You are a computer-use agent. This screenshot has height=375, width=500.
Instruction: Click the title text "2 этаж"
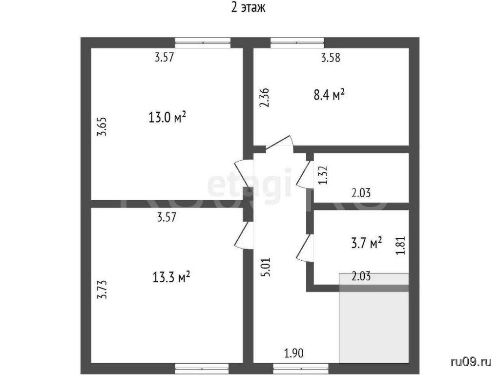pos(248,7)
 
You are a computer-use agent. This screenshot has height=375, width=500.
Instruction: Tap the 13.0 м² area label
pos(167,117)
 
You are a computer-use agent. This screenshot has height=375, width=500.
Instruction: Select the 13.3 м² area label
pos(171,277)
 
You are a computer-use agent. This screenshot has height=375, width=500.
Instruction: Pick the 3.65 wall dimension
pos(102,127)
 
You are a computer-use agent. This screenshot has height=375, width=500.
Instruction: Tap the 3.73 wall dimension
pos(102,290)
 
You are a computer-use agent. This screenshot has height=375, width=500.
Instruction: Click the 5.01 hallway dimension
pos(267,267)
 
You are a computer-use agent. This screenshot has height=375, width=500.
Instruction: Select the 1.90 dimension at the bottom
pos(294,354)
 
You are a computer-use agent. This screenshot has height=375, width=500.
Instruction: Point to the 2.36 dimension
pos(264,98)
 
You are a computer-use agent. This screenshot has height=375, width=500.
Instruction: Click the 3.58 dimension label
pos(331,58)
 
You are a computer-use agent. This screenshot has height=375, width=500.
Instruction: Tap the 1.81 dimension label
pos(400,245)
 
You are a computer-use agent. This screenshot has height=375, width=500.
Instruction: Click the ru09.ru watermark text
pos(471,362)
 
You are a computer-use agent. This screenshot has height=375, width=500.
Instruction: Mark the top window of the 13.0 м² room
pos(203,42)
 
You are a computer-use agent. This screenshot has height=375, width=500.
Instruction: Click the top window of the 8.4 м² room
pos(297,42)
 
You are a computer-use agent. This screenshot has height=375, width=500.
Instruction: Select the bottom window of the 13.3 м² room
pos(202,368)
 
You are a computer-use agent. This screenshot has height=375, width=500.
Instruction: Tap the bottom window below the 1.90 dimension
pos(301,368)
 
